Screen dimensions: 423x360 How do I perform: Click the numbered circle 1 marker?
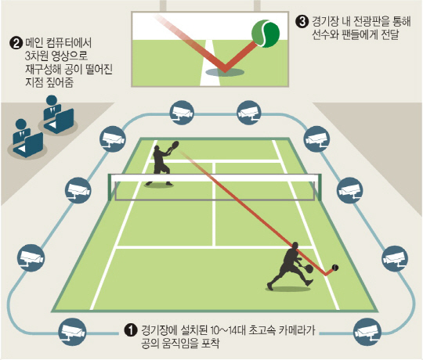[131, 329]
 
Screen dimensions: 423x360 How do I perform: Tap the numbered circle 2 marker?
[16, 43]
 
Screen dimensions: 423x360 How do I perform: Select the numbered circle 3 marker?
[302, 22]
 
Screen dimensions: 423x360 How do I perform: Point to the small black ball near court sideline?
[335, 268]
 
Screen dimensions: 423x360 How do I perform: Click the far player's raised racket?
[174, 146]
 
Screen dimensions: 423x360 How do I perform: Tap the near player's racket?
[306, 268]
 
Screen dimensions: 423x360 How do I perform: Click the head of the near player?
[295, 246]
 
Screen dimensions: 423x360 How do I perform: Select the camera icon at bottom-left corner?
[73, 332]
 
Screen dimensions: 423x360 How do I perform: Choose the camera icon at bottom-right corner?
[367, 332]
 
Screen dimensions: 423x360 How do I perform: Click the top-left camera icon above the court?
[182, 113]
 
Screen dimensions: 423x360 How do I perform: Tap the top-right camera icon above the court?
[250, 113]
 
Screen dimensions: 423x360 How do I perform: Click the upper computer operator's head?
[51, 100]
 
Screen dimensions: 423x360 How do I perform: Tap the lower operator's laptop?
[29, 145]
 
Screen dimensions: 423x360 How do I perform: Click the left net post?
[110, 187]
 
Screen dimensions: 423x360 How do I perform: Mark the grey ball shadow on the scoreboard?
[225, 72]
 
